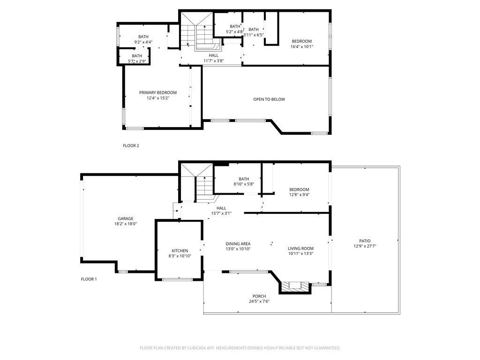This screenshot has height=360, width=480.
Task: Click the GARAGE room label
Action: click(125, 218)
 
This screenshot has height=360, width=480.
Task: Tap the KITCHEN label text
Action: click(180, 251)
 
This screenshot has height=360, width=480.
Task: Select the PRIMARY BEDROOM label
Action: click(158, 93)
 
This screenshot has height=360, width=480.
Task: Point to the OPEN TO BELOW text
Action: click(269, 99)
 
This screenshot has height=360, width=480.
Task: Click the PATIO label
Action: click(365, 241)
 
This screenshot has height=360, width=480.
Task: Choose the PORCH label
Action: click(259, 296)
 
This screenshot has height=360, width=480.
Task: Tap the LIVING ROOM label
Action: click(300, 248)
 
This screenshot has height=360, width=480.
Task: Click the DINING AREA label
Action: click(238, 244)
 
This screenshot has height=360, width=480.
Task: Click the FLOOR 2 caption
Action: click(131, 146)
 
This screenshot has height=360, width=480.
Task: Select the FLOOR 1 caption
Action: click(89, 279)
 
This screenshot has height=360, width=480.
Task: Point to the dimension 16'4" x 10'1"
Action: click(302, 46)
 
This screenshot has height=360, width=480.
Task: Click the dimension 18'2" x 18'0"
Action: click(125, 224)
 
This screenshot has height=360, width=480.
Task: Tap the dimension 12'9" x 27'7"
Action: click(365, 246)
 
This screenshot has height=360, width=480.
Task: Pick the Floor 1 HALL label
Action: click(221, 208)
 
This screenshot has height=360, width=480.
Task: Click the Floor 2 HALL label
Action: click(214, 55)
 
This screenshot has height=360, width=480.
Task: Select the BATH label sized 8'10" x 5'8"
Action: click(244, 179)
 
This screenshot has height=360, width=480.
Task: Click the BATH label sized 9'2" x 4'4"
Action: click(143, 37)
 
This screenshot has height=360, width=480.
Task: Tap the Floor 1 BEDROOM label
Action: click(299, 189)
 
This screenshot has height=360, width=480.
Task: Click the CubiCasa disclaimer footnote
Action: click(240, 348)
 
